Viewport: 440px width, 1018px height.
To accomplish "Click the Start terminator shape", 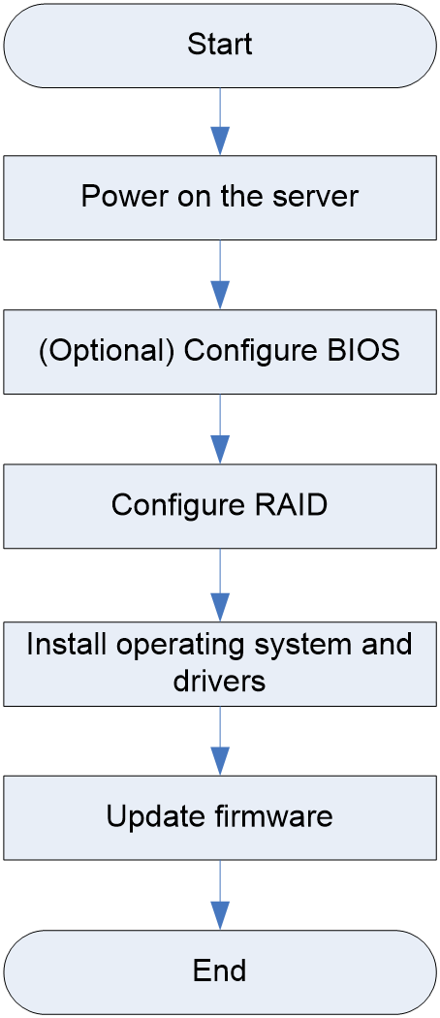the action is pos(220,46).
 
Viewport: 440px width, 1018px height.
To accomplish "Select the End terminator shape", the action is pos(220,971).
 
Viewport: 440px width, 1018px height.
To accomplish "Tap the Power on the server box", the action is pos(220,198).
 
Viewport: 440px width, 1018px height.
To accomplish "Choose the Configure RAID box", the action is pos(220,506).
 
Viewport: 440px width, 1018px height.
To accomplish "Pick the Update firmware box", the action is pos(220,816).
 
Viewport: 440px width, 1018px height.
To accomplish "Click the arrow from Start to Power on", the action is pos(220,121).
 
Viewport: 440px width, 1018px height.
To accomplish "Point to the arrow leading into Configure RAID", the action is pos(220,429).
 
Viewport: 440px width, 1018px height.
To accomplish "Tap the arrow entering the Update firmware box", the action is pos(220,740).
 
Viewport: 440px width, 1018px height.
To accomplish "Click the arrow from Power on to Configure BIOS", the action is pos(220,274).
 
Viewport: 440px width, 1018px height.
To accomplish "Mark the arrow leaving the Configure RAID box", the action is pos(220,585).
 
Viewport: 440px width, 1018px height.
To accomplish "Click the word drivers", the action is pos(219,681).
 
